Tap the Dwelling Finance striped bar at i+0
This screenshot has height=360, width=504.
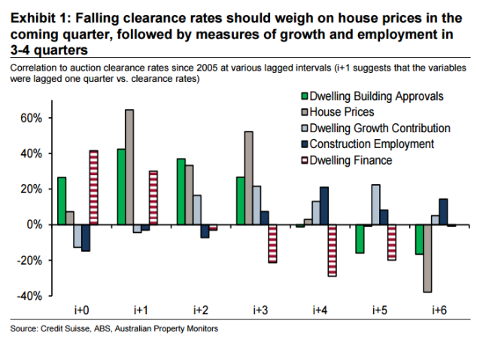pyautogui.click(x=93, y=187)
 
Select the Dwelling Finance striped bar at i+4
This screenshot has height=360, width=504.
pyautogui.click(x=332, y=250)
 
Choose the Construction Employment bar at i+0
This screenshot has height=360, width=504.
pyautogui.click(x=84, y=237)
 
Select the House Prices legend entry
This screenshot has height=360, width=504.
pyautogui.click(x=344, y=112)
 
